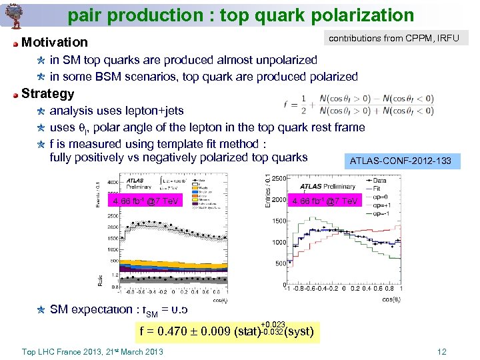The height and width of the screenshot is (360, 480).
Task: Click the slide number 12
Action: point(441,352)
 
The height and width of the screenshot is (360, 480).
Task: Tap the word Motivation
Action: point(55,43)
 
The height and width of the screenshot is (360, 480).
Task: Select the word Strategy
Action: point(48,93)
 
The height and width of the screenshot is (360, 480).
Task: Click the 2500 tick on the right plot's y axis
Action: point(278,177)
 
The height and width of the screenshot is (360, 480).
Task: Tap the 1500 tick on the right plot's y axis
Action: point(278,221)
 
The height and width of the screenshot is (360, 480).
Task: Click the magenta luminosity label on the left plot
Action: point(145,201)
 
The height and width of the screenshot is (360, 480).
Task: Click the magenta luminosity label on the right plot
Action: point(325,201)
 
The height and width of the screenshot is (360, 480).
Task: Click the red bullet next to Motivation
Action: point(15,43)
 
